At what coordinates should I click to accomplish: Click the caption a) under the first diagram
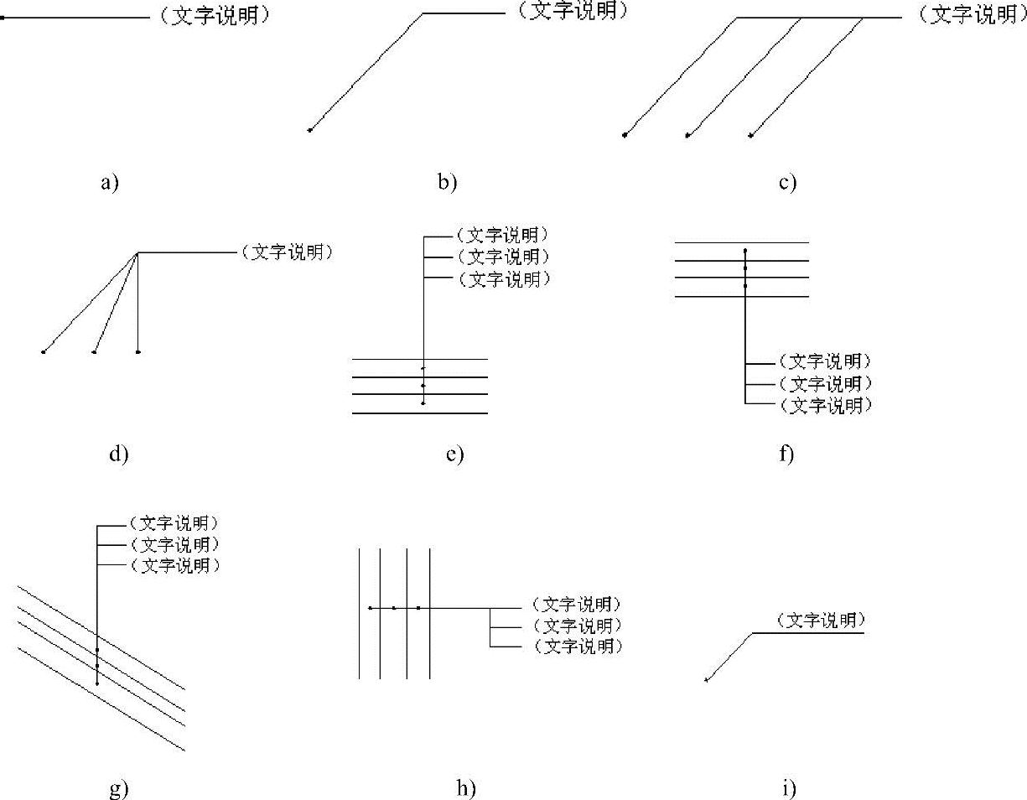click(110, 183)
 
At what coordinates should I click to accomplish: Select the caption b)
click(447, 183)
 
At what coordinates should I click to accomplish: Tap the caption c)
click(786, 183)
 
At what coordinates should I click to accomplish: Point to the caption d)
click(117, 455)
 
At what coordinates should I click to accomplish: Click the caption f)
click(786, 455)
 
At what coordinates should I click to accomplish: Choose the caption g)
click(118, 789)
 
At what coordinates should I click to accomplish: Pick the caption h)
click(466, 788)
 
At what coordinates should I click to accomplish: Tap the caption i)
click(788, 788)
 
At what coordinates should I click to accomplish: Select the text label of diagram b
click(573, 11)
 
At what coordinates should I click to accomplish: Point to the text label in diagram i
click(820, 621)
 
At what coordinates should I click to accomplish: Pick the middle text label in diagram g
click(174, 544)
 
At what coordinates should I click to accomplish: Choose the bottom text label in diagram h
click(578, 647)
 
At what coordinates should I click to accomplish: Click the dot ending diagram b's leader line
click(310, 130)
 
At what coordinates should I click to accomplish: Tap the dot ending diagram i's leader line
click(706, 680)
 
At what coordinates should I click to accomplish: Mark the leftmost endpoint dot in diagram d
click(44, 352)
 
